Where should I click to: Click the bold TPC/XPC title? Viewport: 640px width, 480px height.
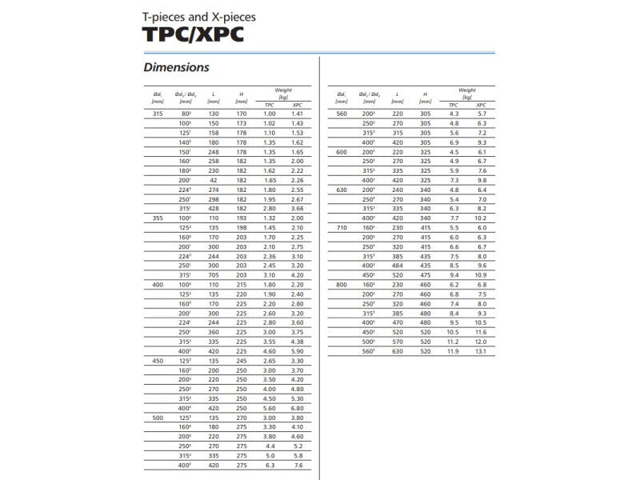pos(192,34)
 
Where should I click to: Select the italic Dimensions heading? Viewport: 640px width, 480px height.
pos(176,68)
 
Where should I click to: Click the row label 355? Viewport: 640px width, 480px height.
pos(157,218)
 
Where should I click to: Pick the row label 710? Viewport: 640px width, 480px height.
pos(342,228)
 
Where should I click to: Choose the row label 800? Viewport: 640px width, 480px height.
pos(342,285)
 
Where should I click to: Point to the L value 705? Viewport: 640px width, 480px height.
pos(214,274)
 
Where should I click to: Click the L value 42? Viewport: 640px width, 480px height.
pos(214,181)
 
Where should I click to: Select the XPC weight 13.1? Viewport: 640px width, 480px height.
pos(481,350)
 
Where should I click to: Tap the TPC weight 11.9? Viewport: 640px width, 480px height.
pos(453,350)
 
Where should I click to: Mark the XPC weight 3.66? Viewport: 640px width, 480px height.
pos(298,209)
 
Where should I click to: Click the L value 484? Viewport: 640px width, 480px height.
pos(398,266)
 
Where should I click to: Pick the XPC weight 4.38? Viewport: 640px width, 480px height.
pos(298,341)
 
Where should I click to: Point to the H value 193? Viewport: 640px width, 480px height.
pos(242,218)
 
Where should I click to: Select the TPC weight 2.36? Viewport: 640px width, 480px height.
pos(270,256)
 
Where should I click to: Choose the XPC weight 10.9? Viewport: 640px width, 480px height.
pos(481,275)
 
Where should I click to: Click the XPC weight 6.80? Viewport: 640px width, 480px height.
pos(298,407)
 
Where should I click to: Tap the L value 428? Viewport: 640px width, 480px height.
pos(214,209)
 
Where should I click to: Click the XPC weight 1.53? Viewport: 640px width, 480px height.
pos(298,134)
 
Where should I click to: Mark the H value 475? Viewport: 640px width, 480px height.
pos(426,275)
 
